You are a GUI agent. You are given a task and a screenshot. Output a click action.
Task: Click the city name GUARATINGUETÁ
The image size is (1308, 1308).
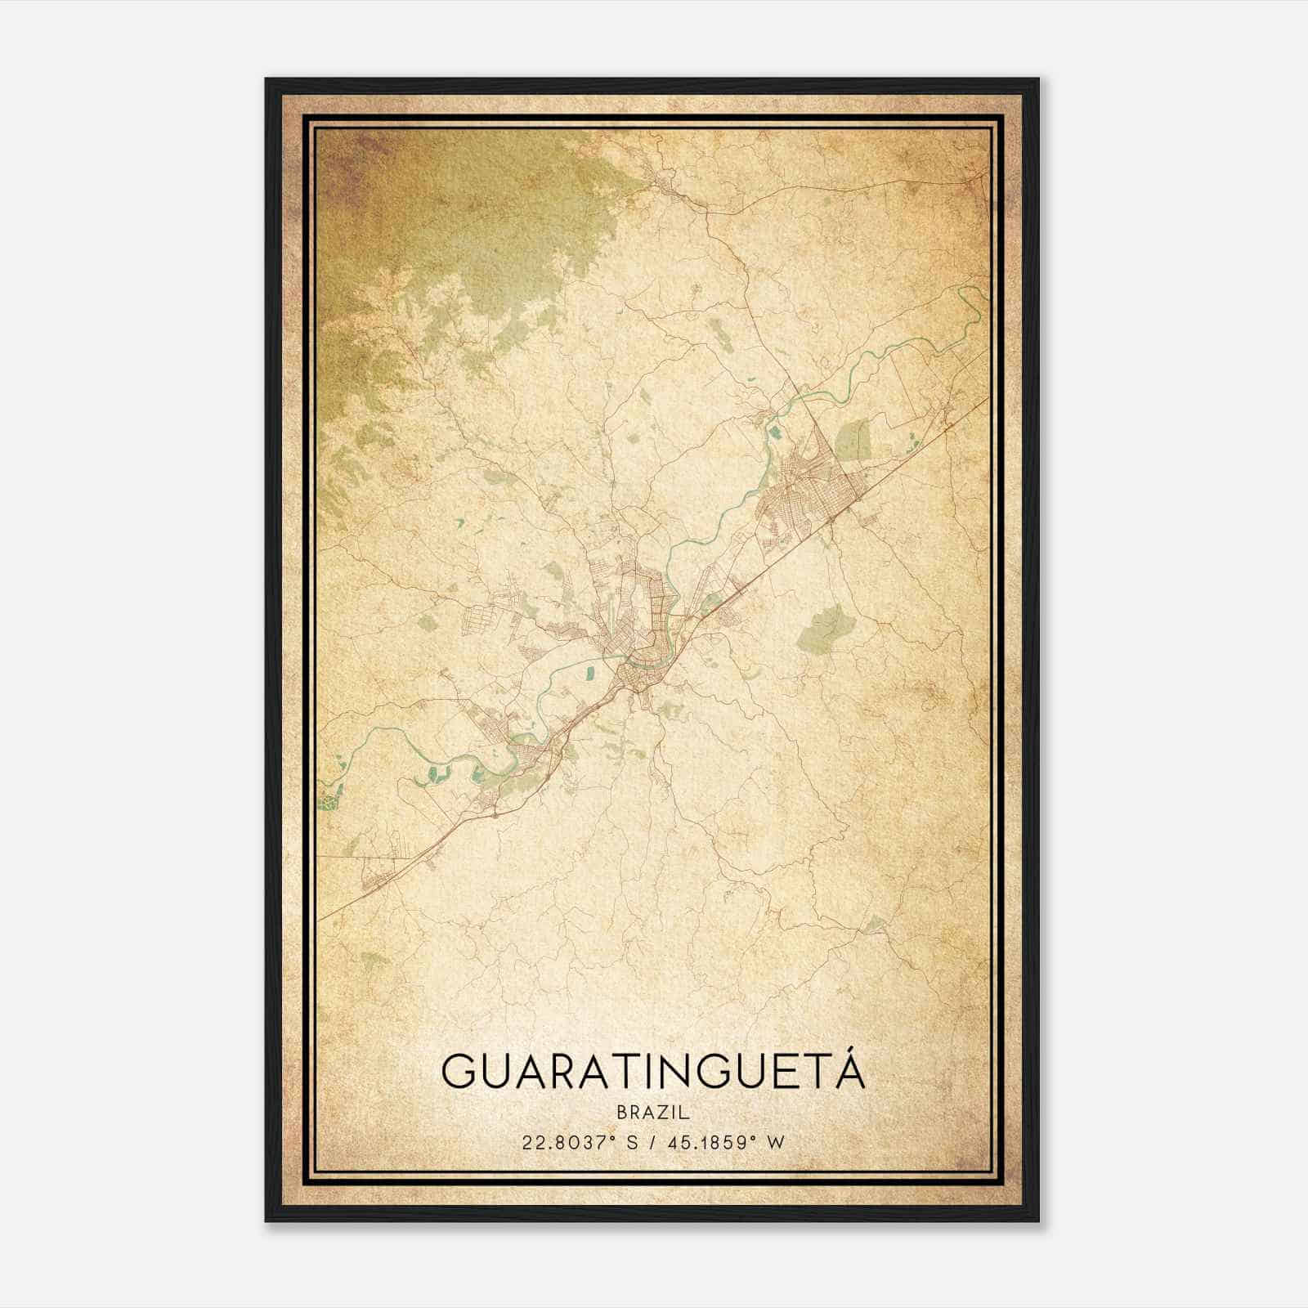652,1071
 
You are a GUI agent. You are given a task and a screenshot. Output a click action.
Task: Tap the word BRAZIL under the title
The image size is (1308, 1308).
652,1113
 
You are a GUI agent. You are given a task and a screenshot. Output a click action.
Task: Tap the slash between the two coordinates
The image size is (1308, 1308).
652,1142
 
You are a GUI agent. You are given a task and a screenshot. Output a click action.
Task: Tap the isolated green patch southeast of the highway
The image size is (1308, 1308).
824,628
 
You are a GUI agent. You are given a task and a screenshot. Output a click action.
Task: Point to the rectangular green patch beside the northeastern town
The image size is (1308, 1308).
853,441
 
